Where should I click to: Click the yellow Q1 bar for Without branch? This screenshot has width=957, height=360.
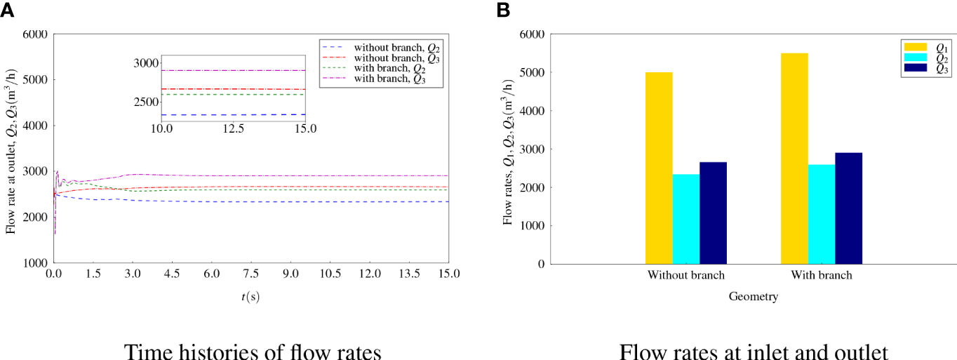coord(659,168)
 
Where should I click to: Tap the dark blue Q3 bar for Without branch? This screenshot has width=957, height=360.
coord(713,213)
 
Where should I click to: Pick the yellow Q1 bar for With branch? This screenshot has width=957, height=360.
coord(794,159)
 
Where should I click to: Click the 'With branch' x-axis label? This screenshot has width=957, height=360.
coord(822,275)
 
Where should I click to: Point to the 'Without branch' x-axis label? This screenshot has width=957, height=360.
coord(686,275)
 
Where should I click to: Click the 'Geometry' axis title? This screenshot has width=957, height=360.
coord(753,297)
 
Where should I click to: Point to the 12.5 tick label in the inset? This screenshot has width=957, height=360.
coord(233,130)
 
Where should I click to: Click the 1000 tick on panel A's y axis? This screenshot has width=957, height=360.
coord(36,263)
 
